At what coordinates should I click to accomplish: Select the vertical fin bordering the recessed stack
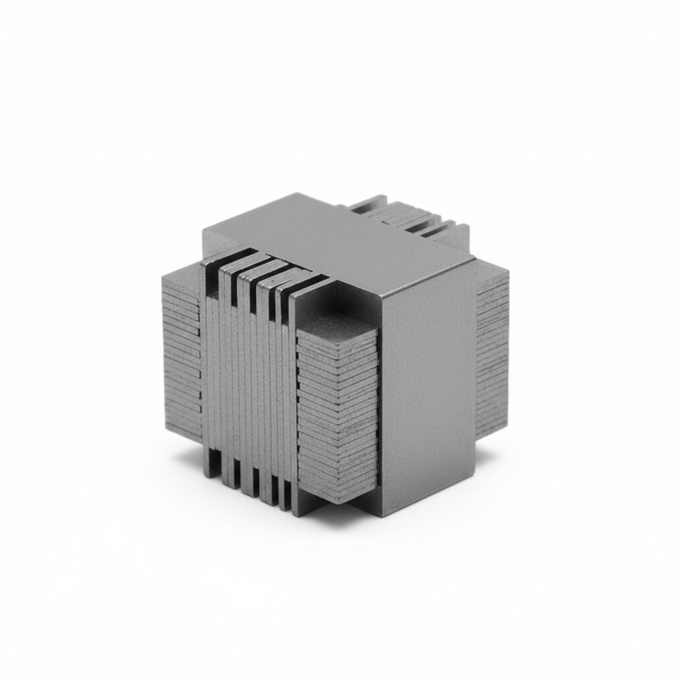[x=293, y=399]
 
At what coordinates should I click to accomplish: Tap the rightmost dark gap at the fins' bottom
[x=285, y=502]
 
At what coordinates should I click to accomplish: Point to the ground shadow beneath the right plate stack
[x=489, y=452]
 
